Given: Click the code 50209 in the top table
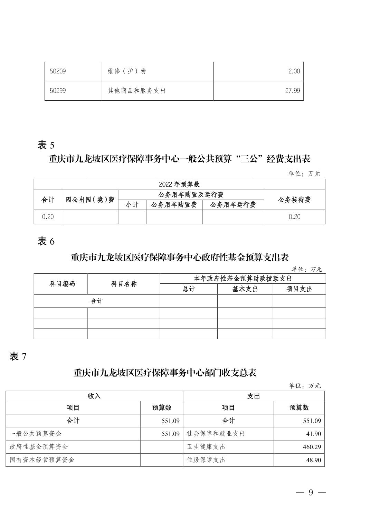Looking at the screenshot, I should click(58, 71).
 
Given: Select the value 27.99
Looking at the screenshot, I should click(292, 91).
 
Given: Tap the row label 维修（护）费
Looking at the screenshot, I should click(126, 71).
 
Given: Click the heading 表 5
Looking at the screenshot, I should click(46, 145).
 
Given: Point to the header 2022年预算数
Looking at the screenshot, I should click(179, 184).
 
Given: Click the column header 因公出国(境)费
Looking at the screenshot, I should click(90, 200).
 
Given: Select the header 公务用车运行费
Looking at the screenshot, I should click(233, 205).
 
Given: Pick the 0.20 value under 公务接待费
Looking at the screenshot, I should click(294, 217).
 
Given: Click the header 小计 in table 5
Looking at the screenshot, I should click(132, 205).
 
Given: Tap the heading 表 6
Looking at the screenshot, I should click(46, 241).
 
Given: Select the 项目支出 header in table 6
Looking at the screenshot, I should click(299, 289).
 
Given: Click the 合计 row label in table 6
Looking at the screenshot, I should click(97, 301).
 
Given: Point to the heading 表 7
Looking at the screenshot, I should click(18, 356).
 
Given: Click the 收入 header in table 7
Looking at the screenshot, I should click(94, 396).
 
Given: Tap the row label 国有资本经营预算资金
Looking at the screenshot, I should click(42, 460).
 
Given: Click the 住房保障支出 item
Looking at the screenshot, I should click(206, 460).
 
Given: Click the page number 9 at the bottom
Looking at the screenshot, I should click(311, 493).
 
